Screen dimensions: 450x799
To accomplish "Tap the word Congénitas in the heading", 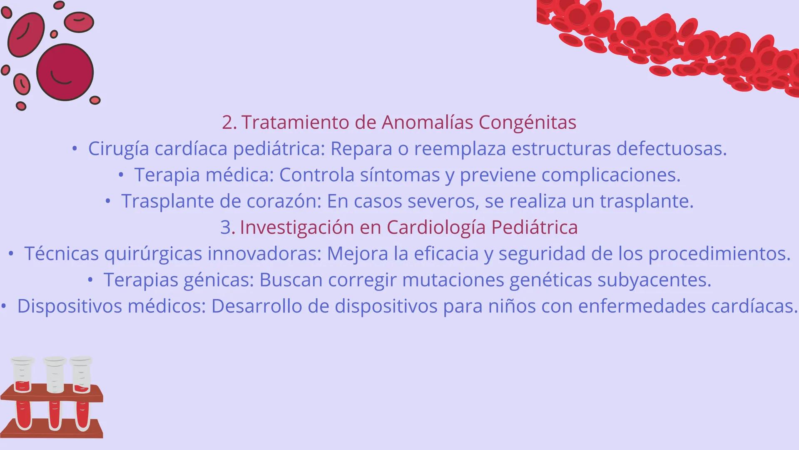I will click(528, 122).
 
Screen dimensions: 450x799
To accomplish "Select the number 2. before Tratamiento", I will click(229, 122).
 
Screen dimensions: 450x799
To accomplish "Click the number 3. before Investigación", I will click(228, 227).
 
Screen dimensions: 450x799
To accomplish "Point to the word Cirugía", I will click(118, 149).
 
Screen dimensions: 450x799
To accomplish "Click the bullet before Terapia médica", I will click(121, 175).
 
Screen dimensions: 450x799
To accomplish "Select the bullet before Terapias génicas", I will click(90, 280).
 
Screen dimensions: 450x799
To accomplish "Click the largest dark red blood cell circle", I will click(65, 72).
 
